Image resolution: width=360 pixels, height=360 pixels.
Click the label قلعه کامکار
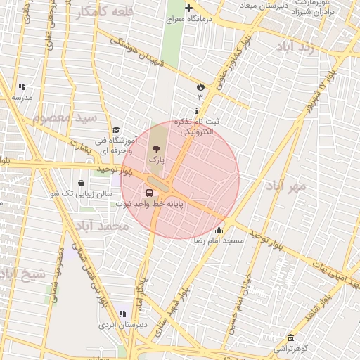(x=86, y=12)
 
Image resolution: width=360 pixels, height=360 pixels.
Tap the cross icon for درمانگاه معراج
(x=188, y=8)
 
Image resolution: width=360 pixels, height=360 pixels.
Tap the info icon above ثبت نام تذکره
(x=195, y=111)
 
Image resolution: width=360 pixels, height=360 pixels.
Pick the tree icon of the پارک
(x=156, y=149)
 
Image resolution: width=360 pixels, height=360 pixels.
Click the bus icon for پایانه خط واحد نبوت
(x=149, y=193)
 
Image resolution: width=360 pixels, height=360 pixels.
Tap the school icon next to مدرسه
(x=22, y=87)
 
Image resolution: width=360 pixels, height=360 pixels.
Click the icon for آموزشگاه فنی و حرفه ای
(x=115, y=129)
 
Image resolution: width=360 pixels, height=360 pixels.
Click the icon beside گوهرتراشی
(x=290, y=337)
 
